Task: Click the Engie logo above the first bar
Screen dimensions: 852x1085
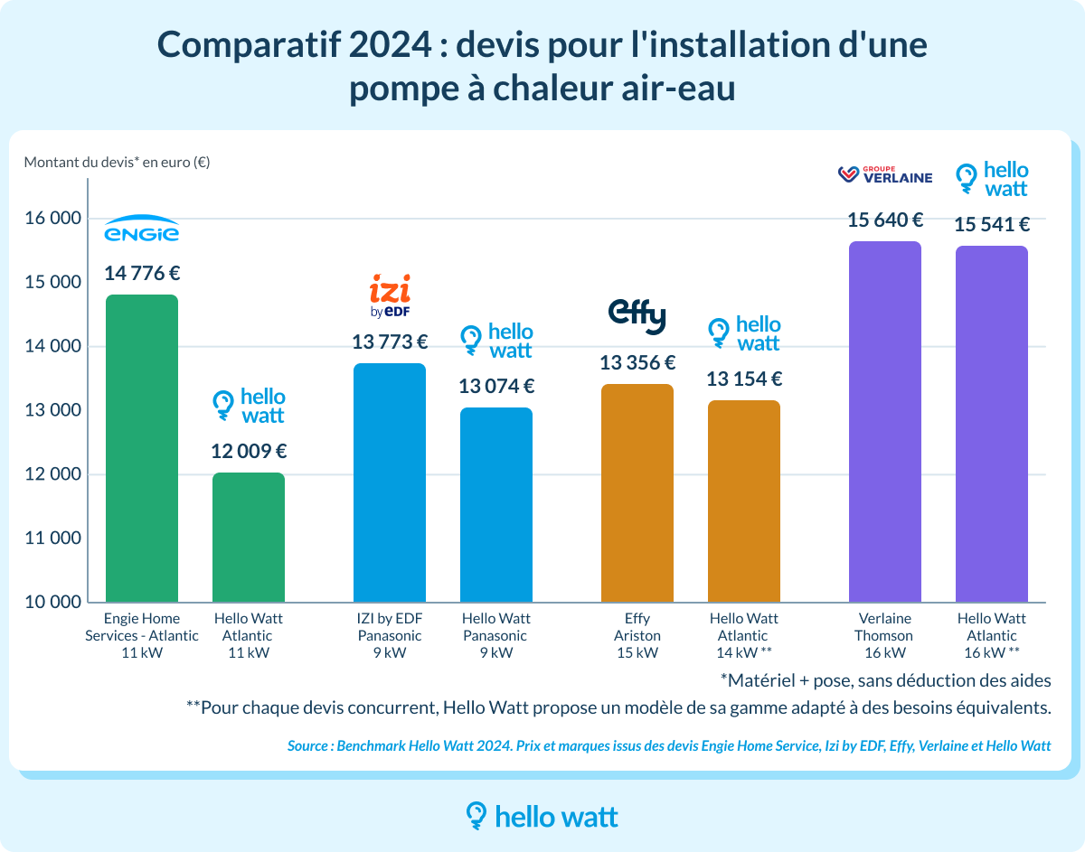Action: coord(142,231)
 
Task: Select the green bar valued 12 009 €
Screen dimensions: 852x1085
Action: coord(249,537)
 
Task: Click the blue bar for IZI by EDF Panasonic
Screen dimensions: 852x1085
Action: coord(390,482)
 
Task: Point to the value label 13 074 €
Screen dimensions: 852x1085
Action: coord(496,387)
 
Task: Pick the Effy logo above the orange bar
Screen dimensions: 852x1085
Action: coord(637,315)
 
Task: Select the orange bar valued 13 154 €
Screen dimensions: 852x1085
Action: coord(744,501)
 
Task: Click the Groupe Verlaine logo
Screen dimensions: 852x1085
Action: coord(885,174)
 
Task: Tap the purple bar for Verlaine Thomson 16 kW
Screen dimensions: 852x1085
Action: coord(885,421)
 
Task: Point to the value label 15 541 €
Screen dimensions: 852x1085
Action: coord(992,225)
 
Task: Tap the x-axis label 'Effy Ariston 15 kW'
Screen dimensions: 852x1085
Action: coord(637,635)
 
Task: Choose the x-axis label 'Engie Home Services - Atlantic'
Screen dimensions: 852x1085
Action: coord(141,627)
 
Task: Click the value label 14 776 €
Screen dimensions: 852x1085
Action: coord(142,273)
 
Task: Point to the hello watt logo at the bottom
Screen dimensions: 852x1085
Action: coord(542,817)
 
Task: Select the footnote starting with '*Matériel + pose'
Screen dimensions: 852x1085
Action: coord(885,679)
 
